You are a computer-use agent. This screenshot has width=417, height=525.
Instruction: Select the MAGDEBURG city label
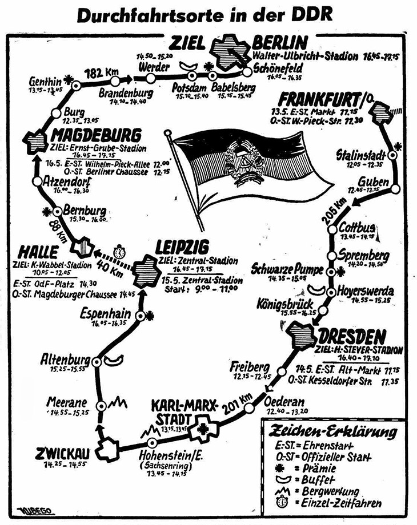(96, 136)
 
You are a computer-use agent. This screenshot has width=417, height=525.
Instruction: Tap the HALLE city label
(33, 252)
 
